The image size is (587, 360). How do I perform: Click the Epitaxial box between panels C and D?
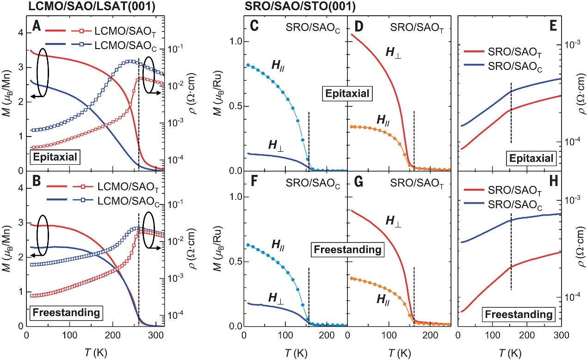click(347, 94)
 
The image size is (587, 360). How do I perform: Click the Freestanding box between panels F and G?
click(347, 249)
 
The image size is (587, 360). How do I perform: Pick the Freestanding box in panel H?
click(520, 315)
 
